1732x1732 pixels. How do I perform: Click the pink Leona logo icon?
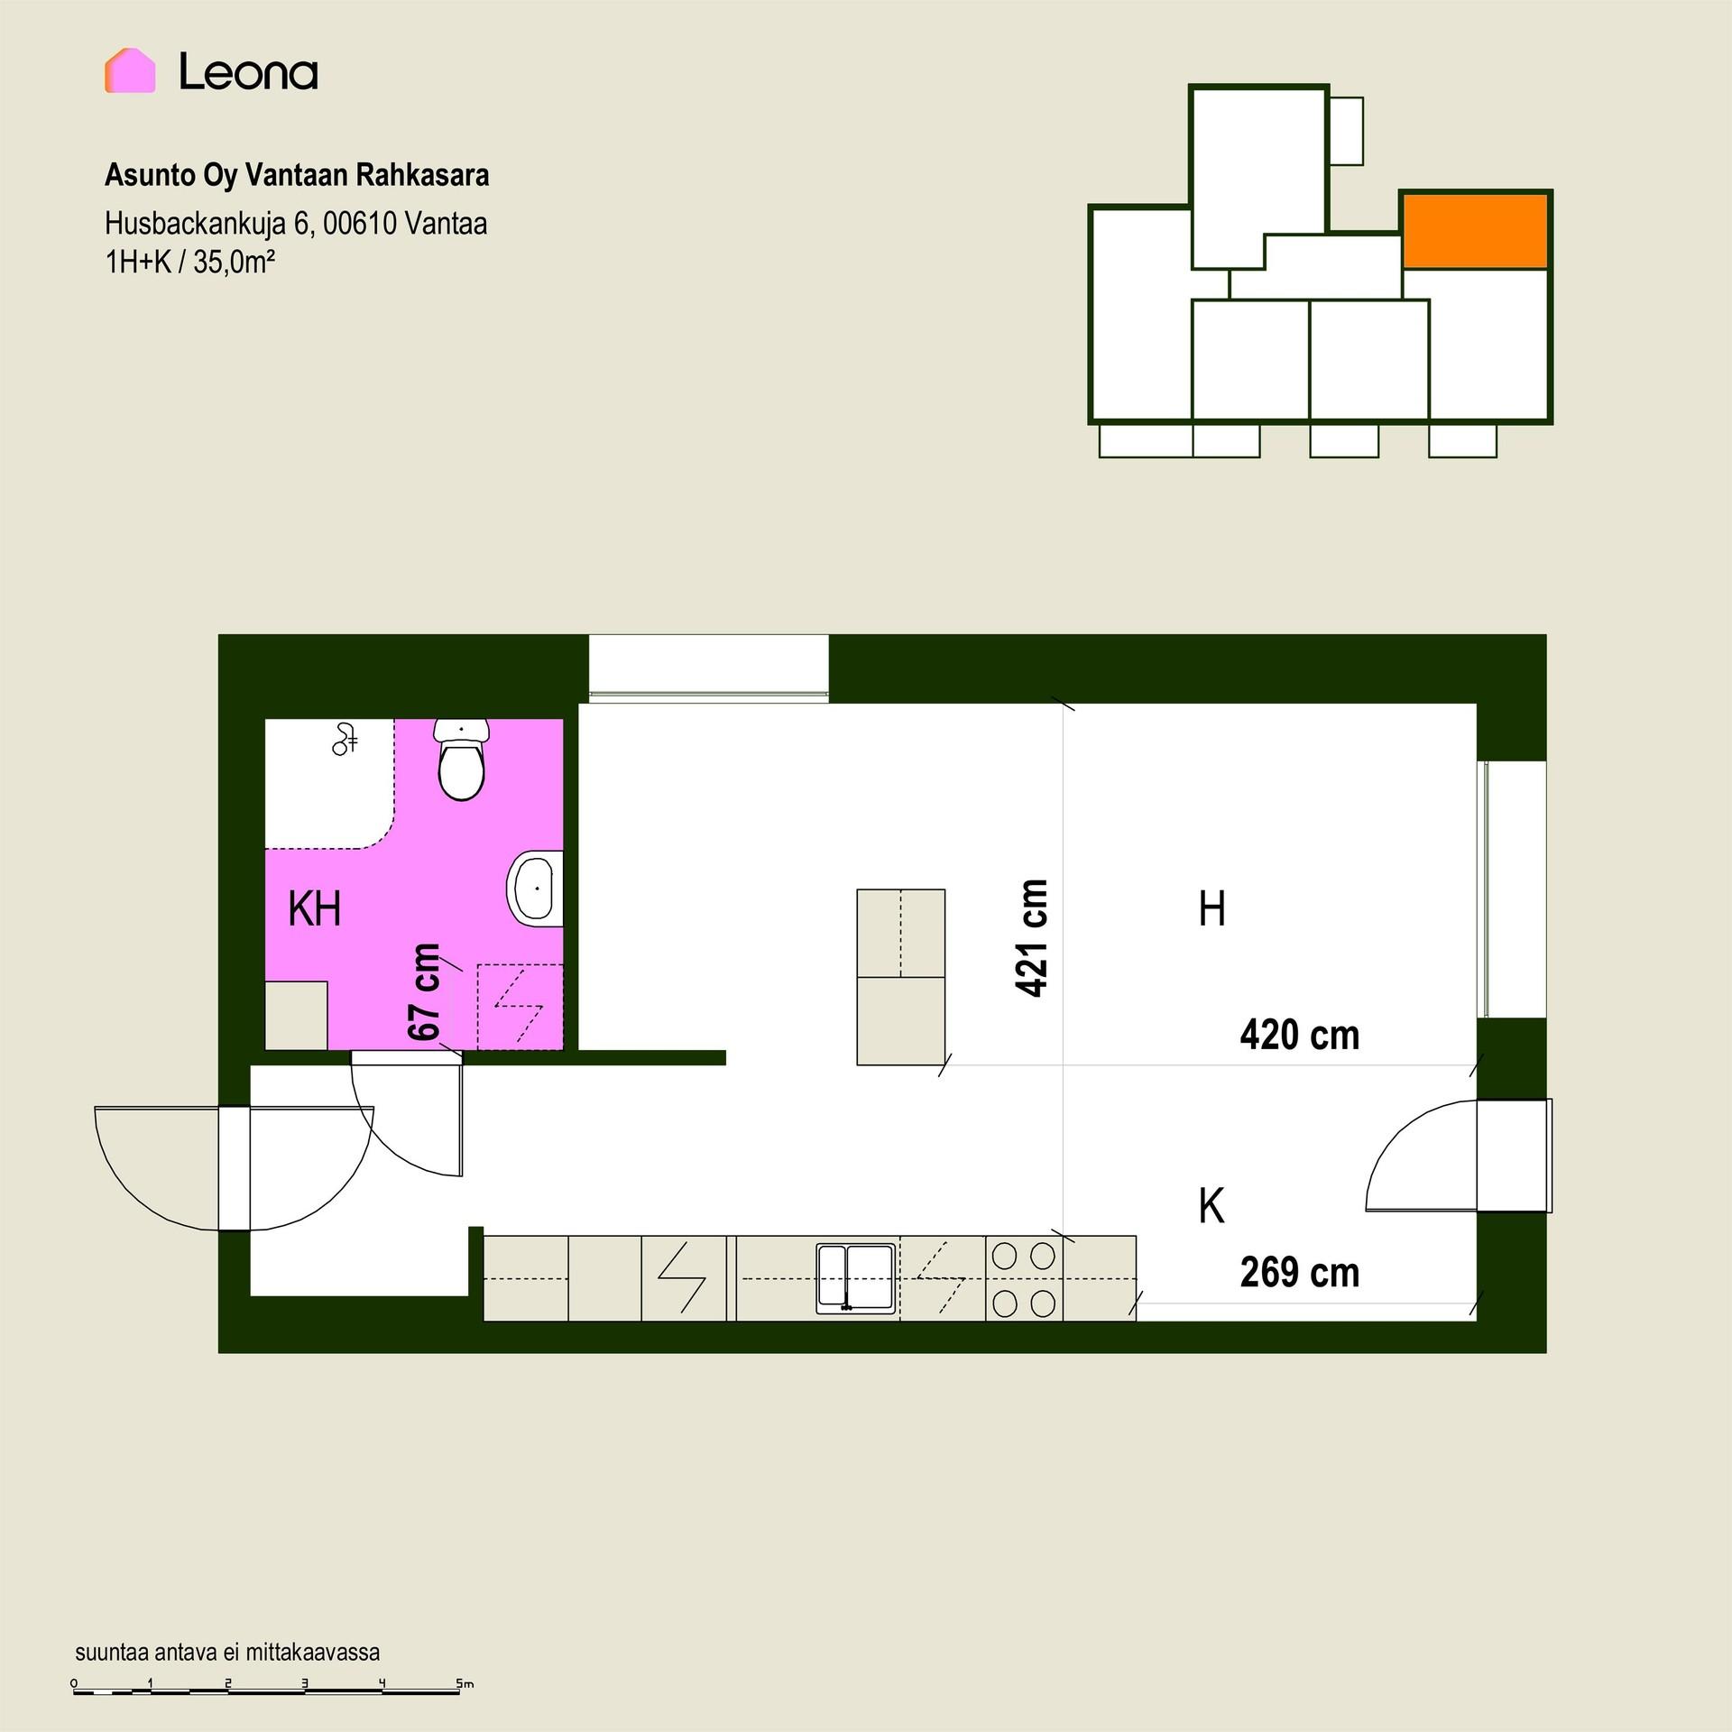click(x=130, y=70)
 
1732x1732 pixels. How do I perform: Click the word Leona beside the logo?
click(x=248, y=71)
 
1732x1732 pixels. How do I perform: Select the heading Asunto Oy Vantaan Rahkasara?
click(x=297, y=175)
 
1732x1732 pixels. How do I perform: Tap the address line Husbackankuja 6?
click(x=296, y=223)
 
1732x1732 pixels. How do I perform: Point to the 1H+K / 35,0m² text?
click(x=190, y=263)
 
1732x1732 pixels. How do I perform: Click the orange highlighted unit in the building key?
click(x=1475, y=230)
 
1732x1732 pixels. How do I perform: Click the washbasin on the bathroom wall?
click(x=536, y=889)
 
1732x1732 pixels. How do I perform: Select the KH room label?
click(x=315, y=908)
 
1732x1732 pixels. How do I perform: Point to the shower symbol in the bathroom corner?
click(x=345, y=739)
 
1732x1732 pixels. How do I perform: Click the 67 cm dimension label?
click(x=424, y=991)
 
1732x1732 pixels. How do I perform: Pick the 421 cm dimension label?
click(x=1032, y=938)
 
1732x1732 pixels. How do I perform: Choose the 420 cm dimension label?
click(x=1300, y=1035)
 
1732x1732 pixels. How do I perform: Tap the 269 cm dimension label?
click(x=1300, y=1272)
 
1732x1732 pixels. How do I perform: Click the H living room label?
click(x=1212, y=909)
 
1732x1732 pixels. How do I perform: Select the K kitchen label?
click(x=1211, y=1206)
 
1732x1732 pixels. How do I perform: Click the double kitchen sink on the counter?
click(x=856, y=1278)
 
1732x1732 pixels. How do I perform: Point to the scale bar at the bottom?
click(x=268, y=1687)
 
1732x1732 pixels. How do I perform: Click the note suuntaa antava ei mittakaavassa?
click(x=227, y=1652)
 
